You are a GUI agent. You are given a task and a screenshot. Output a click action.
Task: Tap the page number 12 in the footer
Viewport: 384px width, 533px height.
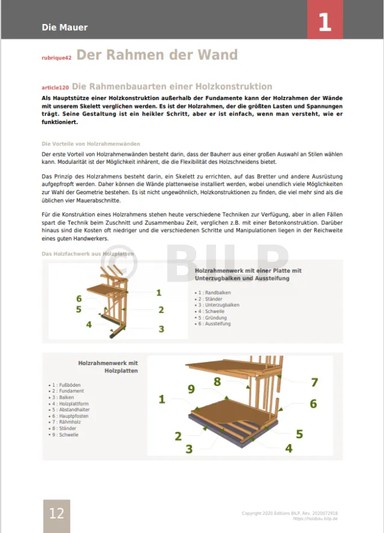point(56,514)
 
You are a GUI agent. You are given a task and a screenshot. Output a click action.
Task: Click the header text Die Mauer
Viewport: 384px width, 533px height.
point(65,27)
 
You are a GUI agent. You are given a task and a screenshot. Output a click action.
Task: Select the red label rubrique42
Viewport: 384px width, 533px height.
point(56,58)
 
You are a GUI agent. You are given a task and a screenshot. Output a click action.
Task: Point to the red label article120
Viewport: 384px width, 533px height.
point(56,88)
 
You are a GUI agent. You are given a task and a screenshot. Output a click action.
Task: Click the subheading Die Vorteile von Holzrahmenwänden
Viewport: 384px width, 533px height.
point(91,144)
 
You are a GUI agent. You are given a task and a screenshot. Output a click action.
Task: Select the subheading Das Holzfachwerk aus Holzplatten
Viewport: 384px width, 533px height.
point(88,254)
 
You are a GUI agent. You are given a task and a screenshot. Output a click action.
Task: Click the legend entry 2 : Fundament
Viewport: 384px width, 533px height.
point(67,391)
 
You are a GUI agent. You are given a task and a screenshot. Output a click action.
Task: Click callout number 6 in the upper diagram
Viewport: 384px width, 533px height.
point(79,298)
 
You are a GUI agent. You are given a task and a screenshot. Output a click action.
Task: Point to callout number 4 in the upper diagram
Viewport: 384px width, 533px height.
point(89,324)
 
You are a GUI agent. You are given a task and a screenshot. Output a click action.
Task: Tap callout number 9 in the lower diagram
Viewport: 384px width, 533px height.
point(191,389)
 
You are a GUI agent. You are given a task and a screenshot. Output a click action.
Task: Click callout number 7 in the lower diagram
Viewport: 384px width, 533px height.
point(314,382)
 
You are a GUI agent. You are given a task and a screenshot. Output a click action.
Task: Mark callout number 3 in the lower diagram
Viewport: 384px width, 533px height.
point(188,448)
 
